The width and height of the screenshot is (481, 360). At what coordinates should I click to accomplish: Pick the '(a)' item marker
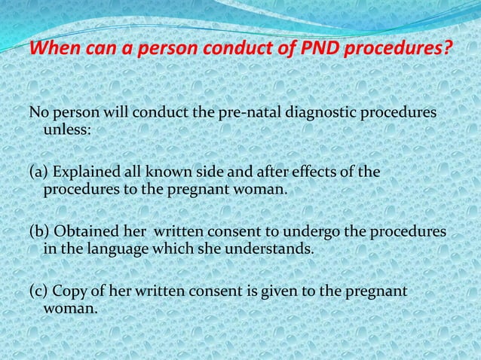tap(37, 173)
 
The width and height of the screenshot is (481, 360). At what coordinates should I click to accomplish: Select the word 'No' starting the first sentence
tap(37, 113)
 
